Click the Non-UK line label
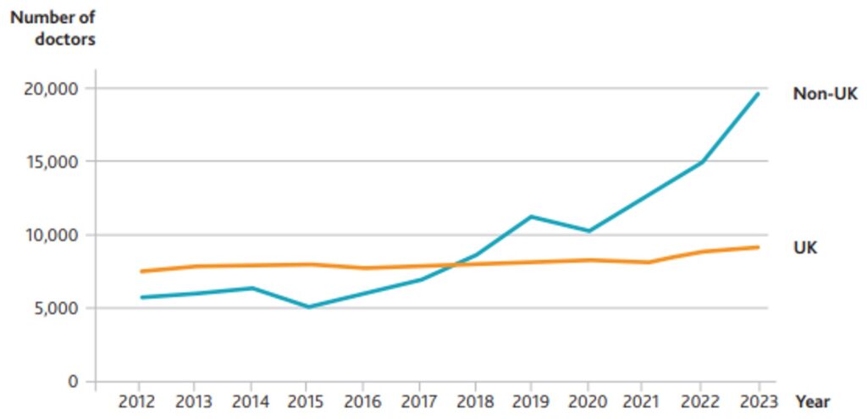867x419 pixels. pyautogui.click(x=825, y=94)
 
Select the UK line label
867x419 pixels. pyautogui.click(x=805, y=248)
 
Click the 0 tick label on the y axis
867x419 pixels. pyautogui.click(x=75, y=382)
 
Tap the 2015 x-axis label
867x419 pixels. pyautogui.click(x=307, y=402)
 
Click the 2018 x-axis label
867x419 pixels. pyautogui.click(x=476, y=402)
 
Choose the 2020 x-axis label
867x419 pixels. pyautogui.click(x=588, y=402)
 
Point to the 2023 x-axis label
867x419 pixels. pyautogui.click(x=756, y=402)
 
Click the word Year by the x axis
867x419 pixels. pyautogui.click(x=812, y=402)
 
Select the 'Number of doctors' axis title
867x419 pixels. pyautogui.click(x=53, y=27)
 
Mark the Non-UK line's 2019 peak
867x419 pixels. pyautogui.click(x=531, y=217)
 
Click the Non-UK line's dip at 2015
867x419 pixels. pyautogui.click(x=307, y=306)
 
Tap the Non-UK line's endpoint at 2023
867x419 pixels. pyautogui.click(x=758, y=93)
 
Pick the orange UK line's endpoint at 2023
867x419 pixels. pyautogui.click(x=758, y=247)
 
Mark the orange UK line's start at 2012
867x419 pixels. pyautogui.click(x=141, y=272)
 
